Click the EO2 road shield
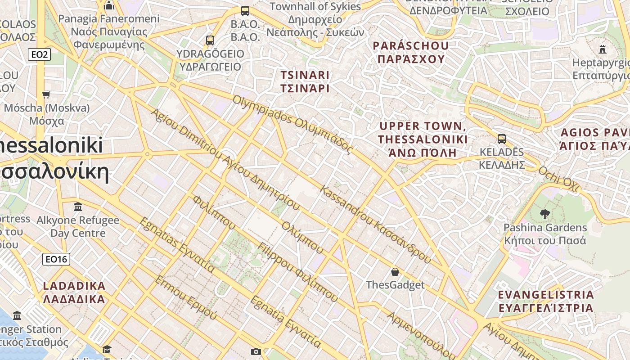[x=40, y=55]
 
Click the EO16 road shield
[x=57, y=259]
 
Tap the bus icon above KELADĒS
[x=502, y=139]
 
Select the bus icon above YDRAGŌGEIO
[x=210, y=40]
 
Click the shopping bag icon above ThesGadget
[x=395, y=272]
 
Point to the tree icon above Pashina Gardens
[x=545, y=214]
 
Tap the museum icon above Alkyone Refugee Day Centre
[x=78, y=207]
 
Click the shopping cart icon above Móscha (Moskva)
[x=46, y=94]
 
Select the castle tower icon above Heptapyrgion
[x=603, y=49]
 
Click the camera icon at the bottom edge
[x=256, y=351]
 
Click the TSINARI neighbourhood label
[x=305, y=81]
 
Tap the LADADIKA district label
[x=74, y=292]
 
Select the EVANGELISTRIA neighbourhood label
[x=546, y=301]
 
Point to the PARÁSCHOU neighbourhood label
[x=411, y=52]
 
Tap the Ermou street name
[x=186, y=298]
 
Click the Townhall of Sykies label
[x=315, y=7]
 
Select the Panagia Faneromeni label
[x=109, y=19]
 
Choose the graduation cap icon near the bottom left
[x=107, y=350]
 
